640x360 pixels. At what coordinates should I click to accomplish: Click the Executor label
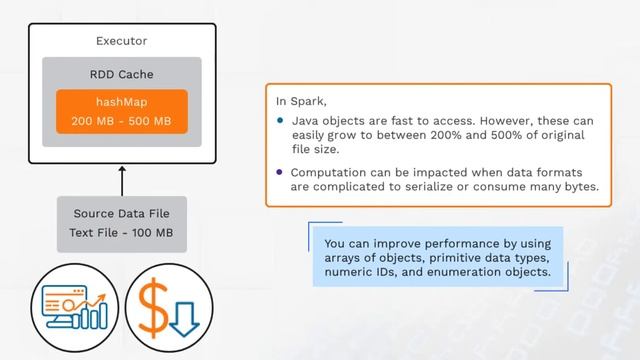(121, 42)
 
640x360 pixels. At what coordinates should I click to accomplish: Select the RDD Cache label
(121, 74)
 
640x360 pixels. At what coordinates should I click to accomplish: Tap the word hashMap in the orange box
(121, 103)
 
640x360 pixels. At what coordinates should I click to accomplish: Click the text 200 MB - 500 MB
(121, 121)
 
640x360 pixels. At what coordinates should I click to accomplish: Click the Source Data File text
(121, 214)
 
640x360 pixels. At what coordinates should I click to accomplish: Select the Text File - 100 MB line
(121, 232)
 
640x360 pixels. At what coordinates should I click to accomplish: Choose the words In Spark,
(302, 101)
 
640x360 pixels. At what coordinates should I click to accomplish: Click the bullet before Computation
(281, 171)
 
